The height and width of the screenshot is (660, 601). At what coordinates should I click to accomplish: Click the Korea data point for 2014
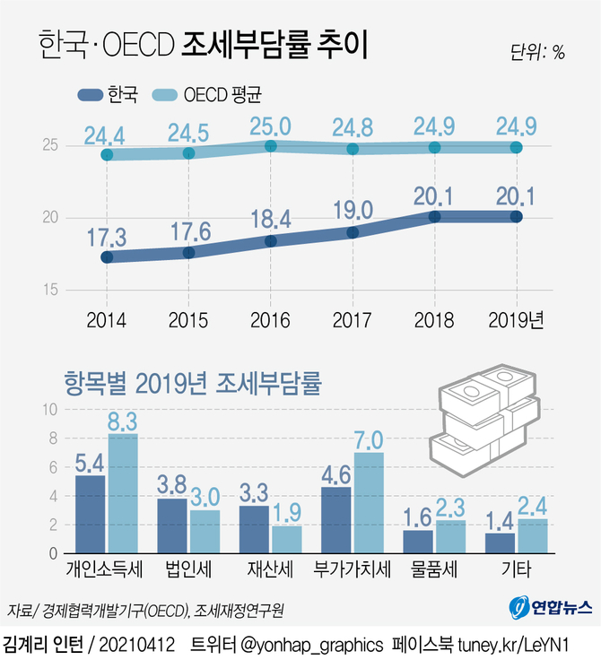click(107, 257)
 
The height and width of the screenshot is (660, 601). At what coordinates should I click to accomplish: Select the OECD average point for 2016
click(271, 146)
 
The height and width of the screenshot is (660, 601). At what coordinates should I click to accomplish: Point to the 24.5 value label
click(188, 134)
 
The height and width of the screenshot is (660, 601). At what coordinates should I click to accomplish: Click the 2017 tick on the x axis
click(353, 318)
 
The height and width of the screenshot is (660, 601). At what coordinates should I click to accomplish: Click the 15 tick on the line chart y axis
click(50, 290)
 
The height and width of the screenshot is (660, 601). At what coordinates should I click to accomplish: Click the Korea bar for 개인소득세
click(91, 515)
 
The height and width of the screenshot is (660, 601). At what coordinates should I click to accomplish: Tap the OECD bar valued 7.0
click(369, 503)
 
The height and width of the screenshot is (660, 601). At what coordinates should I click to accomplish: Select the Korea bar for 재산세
click(254, 530)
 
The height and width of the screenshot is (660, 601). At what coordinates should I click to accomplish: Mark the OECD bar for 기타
click(533, 536)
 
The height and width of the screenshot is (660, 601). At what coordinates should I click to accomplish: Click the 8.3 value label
click(123, 420)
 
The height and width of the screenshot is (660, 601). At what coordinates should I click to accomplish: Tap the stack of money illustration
click(483, 421)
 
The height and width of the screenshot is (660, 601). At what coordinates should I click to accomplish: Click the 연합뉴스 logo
click(552, 607)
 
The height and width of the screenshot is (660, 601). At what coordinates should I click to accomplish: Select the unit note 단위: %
click(536, 52)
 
